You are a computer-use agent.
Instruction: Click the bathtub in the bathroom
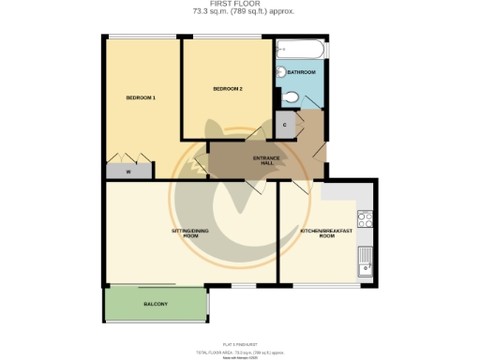[x=300, y=49]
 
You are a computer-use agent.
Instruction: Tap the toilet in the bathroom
[x=291, y=97]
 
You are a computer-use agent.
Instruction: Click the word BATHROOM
[x=301, y=72]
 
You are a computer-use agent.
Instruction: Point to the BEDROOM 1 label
[x=141, y=97]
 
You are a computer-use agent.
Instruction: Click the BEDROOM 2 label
[x=228, y=89]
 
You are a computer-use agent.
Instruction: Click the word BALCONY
[x=156, y=304]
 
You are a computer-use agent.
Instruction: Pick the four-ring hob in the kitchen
[x=366, y=220]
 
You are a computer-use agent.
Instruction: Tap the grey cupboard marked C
[x=285, y=125]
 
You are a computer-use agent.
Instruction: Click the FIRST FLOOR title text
[x=239, y=5]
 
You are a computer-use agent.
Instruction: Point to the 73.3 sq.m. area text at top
[x=239, y=13]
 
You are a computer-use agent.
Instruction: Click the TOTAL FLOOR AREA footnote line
[x=239, y=351]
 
